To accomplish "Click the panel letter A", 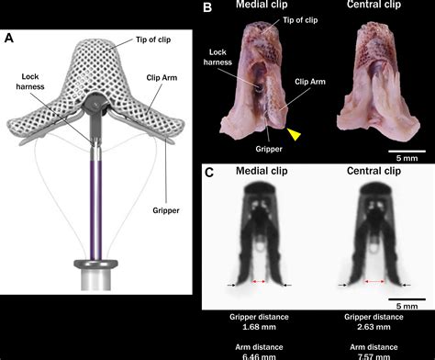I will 10,38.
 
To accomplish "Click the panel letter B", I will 207,8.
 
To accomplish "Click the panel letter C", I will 208,172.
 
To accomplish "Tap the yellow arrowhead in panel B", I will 294,137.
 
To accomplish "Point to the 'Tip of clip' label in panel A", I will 138,40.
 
